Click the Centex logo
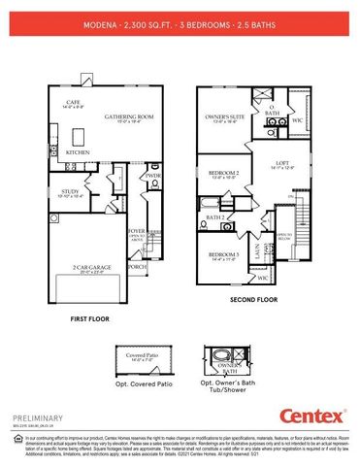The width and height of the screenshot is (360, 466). (x=312, y=416)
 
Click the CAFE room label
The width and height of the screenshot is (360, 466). (x=72, y=102)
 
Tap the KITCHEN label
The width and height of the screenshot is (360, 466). (x=78, y=152)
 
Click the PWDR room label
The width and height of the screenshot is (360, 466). (x=152, y=176)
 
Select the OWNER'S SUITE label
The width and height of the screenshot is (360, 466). (x=225, y=117)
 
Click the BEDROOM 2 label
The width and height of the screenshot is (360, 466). (x=225, y=174)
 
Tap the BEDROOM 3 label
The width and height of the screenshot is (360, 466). (x=223, y=255)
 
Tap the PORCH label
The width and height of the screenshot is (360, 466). (x=137, y=266)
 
